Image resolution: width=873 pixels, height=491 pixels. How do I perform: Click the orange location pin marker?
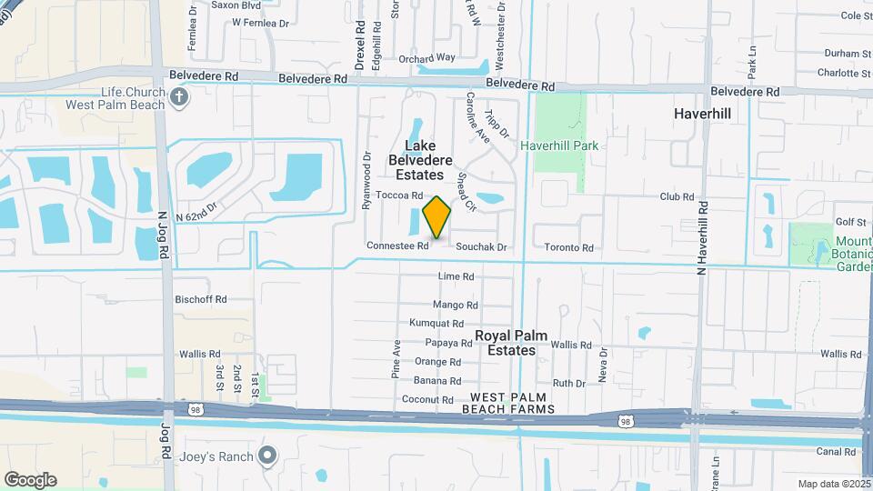click(x=437, y=216)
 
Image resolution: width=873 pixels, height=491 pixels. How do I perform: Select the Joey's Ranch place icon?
click(x=266, y=455)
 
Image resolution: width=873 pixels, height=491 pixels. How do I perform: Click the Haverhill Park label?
click(x=564, y=145)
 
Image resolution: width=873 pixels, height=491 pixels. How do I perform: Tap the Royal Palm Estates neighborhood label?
click(x=511, y=343)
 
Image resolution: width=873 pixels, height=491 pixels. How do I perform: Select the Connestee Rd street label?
click(x=397, y=245)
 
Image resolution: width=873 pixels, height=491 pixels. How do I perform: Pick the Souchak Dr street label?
click(x=481, y=246)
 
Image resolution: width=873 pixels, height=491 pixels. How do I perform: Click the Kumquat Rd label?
click(x=436, y=323)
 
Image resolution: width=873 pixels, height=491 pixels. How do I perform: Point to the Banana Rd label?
click(x=437, y=381)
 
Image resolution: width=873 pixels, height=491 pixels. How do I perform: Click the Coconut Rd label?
click(x=427, y=400)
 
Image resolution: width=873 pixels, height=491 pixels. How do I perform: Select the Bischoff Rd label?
click(x=200, y=299)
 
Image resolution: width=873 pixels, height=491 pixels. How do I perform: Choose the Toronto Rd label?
click(x=568, y=247)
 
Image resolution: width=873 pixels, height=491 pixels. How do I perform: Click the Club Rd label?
click(x=677, y=196)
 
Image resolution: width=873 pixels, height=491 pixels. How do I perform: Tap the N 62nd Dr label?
click(x=198, y=210)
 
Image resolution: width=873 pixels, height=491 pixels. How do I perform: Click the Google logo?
click(x=30, y=480)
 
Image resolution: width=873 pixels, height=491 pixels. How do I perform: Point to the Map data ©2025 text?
click(x=833, y=484)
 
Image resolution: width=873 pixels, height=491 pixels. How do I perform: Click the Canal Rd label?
click(x=837, y=451)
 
